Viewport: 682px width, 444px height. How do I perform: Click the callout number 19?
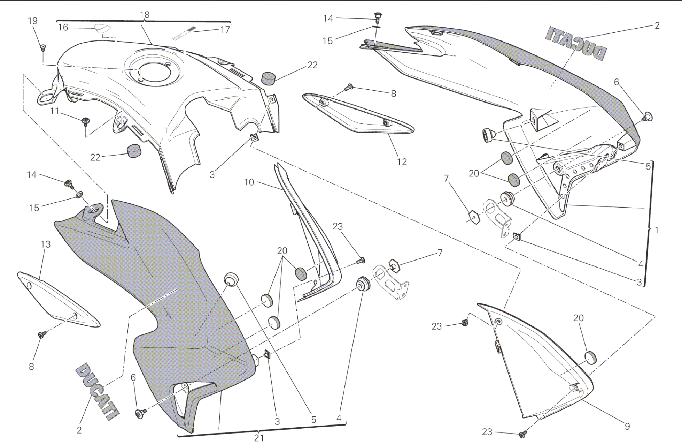pos(32,21)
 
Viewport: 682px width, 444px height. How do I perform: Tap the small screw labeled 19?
pos(43,47)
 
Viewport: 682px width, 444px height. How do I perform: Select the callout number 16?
pos(63,27)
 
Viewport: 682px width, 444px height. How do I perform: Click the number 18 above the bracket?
pos(145,15)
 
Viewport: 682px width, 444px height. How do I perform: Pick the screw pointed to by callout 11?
pos(85,121)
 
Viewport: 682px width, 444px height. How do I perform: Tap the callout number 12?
pos(402,161)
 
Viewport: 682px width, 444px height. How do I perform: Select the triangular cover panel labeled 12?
pos(359,115)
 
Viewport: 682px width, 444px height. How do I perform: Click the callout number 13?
pos(46,244)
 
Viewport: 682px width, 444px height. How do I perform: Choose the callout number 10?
pos(249,182)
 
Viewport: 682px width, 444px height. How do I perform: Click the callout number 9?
pos(627,426)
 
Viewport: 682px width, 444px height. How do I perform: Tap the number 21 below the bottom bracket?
pos(258,438)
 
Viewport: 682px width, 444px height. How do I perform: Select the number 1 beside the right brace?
pos(656,230)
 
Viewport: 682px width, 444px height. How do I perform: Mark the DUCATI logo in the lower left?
pos(96,391)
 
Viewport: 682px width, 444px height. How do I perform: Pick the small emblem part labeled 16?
pos(101,28)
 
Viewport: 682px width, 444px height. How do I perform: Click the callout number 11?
pos(54,111)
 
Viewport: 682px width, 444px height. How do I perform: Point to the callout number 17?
pos(225,30)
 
